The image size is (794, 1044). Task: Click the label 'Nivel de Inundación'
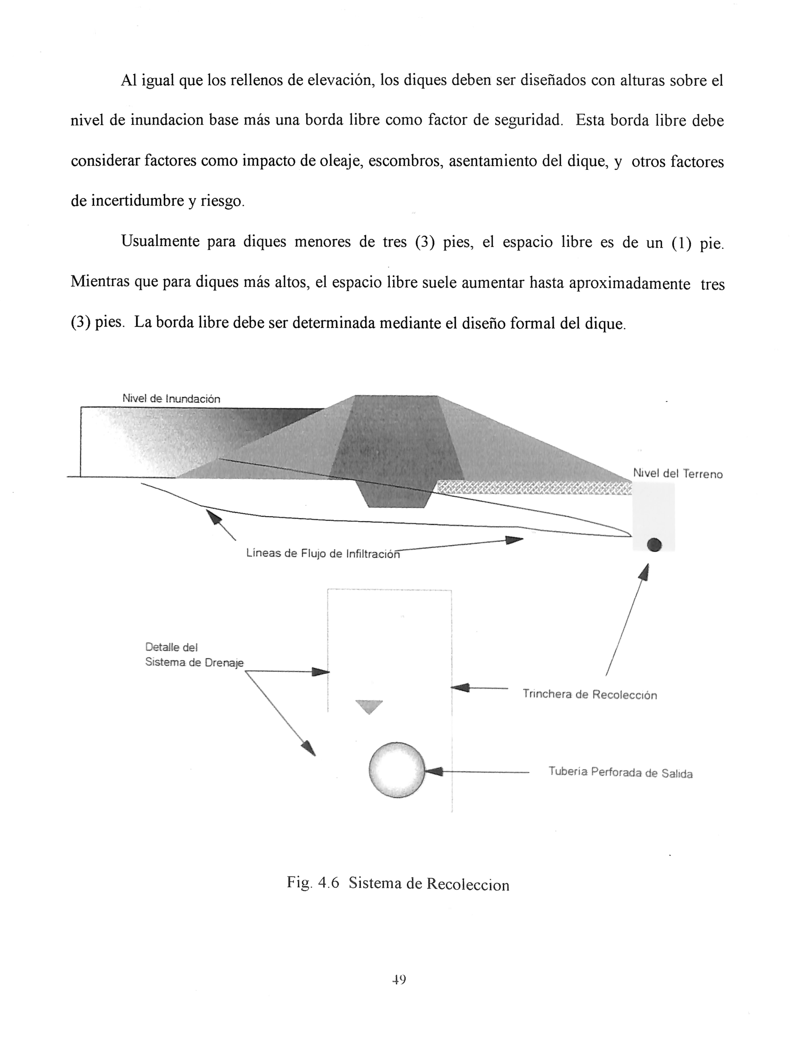[x=171, y=399]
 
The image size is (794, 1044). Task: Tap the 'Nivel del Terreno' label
[x=677, y=474]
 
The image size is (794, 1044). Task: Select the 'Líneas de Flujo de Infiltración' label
[x=323, y=553]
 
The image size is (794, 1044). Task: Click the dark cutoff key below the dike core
[x=396, y=494]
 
